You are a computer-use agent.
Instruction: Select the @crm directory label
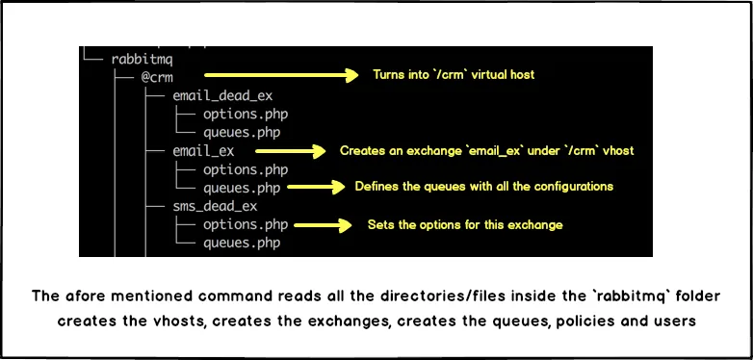(158, 76)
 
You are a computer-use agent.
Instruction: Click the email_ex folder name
(203, 151)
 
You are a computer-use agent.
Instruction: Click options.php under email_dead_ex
(246, 114)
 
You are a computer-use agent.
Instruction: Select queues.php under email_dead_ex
(242, 132)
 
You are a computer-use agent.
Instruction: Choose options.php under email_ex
(246, 169)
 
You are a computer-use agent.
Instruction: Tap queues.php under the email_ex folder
(242, 188)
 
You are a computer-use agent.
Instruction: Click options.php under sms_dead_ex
(246, 225)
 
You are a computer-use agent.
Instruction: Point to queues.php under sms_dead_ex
(242, 244)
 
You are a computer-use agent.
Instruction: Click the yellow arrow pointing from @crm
(280, 75)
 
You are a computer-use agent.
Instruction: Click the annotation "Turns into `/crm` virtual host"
(454, 75)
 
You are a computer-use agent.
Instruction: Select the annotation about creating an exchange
(486, 151)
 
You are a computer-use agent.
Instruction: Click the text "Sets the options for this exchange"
(465, 224)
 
